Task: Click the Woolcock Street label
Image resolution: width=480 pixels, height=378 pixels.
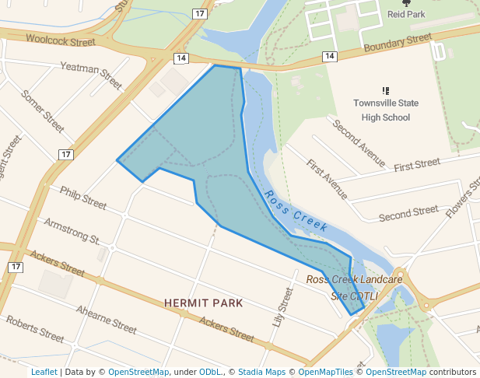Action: [60, 39]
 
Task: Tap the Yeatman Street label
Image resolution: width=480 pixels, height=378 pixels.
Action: [91, 75]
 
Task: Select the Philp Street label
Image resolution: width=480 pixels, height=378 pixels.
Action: [82, 198]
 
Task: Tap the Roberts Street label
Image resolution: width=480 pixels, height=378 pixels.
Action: [35, 329]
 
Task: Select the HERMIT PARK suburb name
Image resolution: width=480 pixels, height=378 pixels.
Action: [204, 303]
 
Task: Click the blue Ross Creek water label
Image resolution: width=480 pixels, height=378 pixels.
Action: [296, 210]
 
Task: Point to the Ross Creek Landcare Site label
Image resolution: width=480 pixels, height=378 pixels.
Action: [354, 287]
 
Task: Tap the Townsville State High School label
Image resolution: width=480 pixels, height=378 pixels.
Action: [386, 110]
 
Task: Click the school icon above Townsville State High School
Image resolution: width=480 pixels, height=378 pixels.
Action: [386, 91]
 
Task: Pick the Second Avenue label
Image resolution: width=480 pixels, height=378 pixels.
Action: [359, 143]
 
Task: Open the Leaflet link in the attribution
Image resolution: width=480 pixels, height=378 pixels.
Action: [44, 372]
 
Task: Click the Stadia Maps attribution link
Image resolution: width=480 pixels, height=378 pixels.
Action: [261, 372]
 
